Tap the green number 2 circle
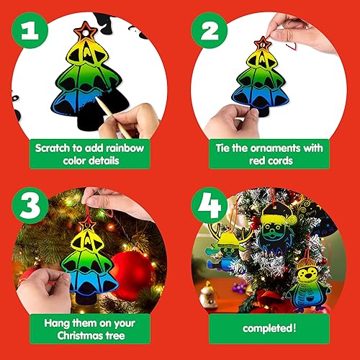pos(210,29)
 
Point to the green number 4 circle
pos(210,209)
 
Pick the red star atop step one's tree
pos(89,32)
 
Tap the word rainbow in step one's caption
pos(125,147)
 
